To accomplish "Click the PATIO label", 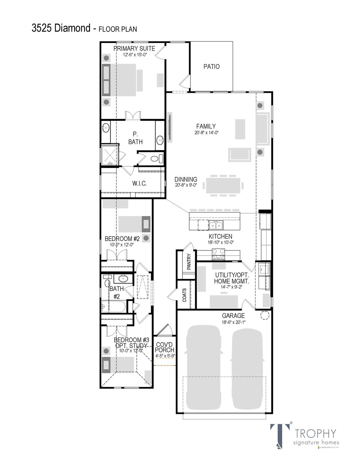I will click(211, 66).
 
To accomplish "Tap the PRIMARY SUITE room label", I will click(134, 49).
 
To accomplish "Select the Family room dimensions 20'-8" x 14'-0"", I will click(206, 133).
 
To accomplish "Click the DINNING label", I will click(186, 180).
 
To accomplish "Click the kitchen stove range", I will click(218, 254).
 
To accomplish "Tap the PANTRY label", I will click(189, 262).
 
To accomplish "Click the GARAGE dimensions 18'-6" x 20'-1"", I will click(233, 322).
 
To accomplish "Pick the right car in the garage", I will click(247, 368).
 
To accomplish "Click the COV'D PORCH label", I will click(165, 347).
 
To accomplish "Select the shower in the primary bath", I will click(109, 155).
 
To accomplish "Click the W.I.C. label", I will click(139, 184).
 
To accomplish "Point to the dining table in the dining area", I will click(224, 185).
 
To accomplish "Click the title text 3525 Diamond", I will click(61, 28).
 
